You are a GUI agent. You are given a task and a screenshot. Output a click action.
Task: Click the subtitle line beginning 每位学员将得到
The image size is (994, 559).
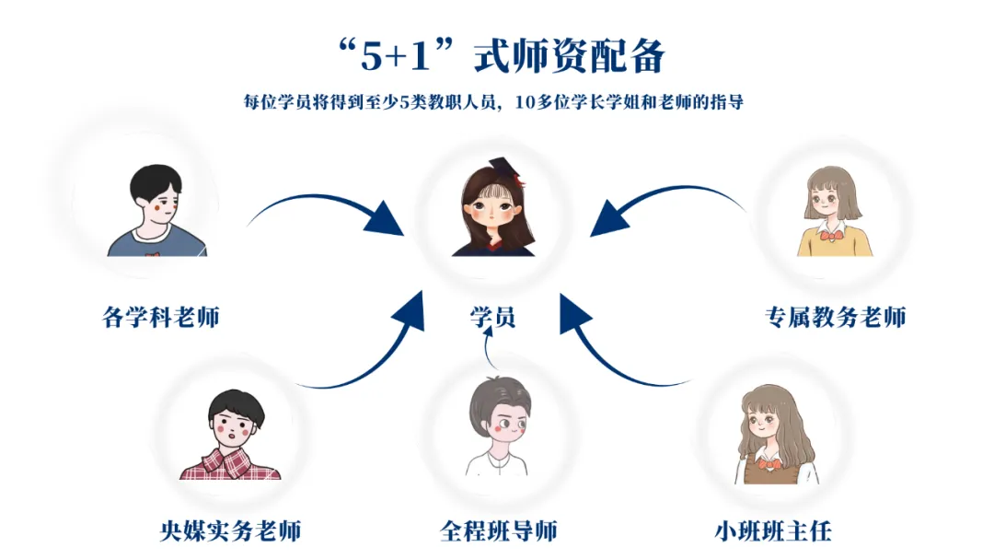click(x=493, y=102)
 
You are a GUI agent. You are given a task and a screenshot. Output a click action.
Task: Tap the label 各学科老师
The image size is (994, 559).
click(x=161, y=318)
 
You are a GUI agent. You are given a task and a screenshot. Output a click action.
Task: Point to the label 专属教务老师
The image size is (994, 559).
click(x=835, y=318)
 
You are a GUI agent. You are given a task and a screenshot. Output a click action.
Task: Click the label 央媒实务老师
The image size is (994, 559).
click(x=229, y=531)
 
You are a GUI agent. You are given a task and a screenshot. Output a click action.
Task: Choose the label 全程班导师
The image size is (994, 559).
click(x=498, y=531)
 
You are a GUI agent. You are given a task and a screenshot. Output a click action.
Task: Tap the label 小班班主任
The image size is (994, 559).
click(x=773, y=531)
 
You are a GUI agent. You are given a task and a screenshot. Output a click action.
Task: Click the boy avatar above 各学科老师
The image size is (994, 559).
click(x=157, y=211)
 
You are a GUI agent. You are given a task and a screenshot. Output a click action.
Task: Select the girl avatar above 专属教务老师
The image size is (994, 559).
click(x=834, y=211)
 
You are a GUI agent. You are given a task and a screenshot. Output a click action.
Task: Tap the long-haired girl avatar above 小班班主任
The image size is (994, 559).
click(x=776, y=433)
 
